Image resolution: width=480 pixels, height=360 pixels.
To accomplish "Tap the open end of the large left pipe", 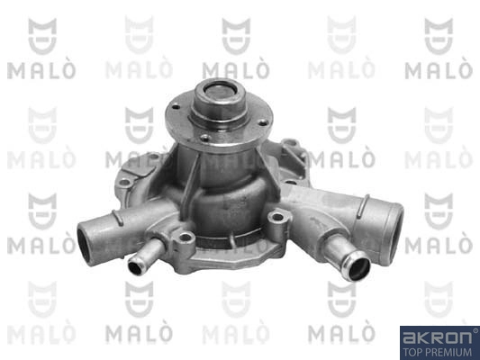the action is click(x=85, y=243).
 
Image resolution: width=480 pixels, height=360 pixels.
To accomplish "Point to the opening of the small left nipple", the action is click(x=135, y=268).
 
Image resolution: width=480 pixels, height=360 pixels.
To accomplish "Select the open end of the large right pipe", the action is click(x=396, y=230).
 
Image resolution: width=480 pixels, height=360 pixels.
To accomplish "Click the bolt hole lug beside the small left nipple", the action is click(x=185, y=238).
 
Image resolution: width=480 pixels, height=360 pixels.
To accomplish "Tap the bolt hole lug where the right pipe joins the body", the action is click(x=277, y=218).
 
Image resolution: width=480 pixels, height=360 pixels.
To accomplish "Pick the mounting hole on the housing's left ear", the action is click(x=124, y=183).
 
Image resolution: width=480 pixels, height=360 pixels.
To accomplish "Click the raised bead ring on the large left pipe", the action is click(x=118, y=218).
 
